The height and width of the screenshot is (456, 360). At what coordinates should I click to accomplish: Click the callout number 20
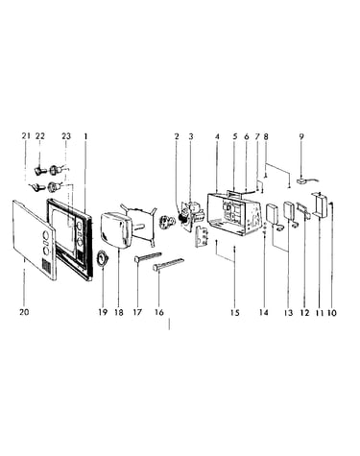pyautogui.click(x=24, y=312)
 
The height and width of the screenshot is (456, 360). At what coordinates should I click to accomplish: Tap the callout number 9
pyautogui.click(x=301, y=136)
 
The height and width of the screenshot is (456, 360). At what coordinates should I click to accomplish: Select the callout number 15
pyautogui.click(x=234, y=312)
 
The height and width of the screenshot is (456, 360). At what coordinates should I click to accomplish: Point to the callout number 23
pyautogui.click(x=66, y=136)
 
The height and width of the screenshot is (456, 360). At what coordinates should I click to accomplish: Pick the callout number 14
pyautogui.click(x=263, y=312)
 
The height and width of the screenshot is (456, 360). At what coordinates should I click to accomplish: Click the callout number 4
pyautogui.click(x=217, y=136)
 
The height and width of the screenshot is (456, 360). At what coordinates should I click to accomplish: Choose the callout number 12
pyautogui.click(x=304, y=312)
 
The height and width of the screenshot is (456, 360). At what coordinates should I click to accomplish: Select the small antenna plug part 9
pyautogui.click(x=302, y=181)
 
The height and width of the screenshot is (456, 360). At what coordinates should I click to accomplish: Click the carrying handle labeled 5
pyautogui.click(x=234, y=193)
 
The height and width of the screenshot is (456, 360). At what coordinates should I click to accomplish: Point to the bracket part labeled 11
pyautogui.click(x=319, y=204)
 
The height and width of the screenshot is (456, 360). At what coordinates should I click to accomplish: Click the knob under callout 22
pyautogui.click(x=39, y=170)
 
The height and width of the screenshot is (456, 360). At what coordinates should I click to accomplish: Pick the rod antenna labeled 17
pyautogui.click(x=148, y=256)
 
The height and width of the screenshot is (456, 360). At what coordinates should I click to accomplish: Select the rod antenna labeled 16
pyautogui.click(x=169, y=263)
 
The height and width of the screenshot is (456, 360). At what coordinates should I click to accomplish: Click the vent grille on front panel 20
pyautogui.click(x=47, y=266)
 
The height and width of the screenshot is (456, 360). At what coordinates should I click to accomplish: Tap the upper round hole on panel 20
pyautogui.click(x=45, y=236)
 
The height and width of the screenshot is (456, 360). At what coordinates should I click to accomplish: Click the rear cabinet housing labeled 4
pyautogui.click(x=232, y=214)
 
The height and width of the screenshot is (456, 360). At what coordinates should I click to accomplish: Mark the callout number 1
pyautogui.click(x=85, y=136)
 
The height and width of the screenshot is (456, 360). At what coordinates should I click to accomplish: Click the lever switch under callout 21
pyautogui.click(x=36, y=187)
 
